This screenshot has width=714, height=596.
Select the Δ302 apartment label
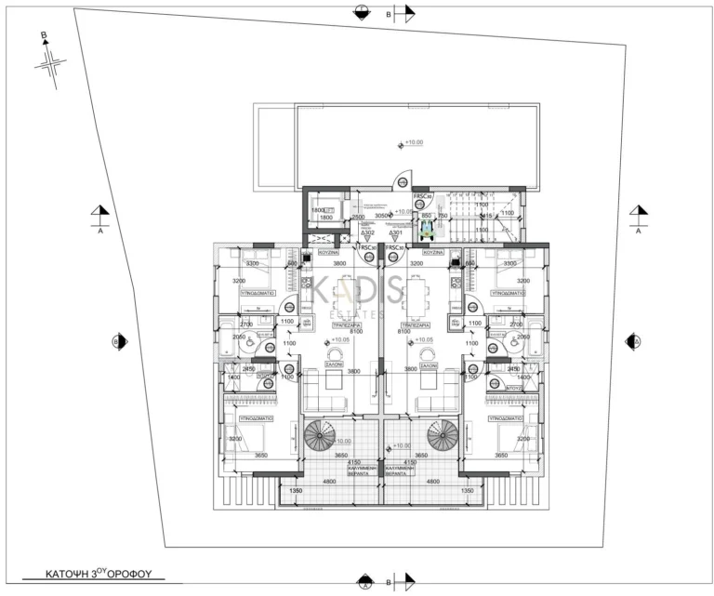[x=367, y=233]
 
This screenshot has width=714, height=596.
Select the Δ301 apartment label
[x=397, y=233]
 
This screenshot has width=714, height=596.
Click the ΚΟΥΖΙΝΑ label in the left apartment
[x=325, y=252]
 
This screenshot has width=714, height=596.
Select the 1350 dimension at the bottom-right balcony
[x=468, y=490]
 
